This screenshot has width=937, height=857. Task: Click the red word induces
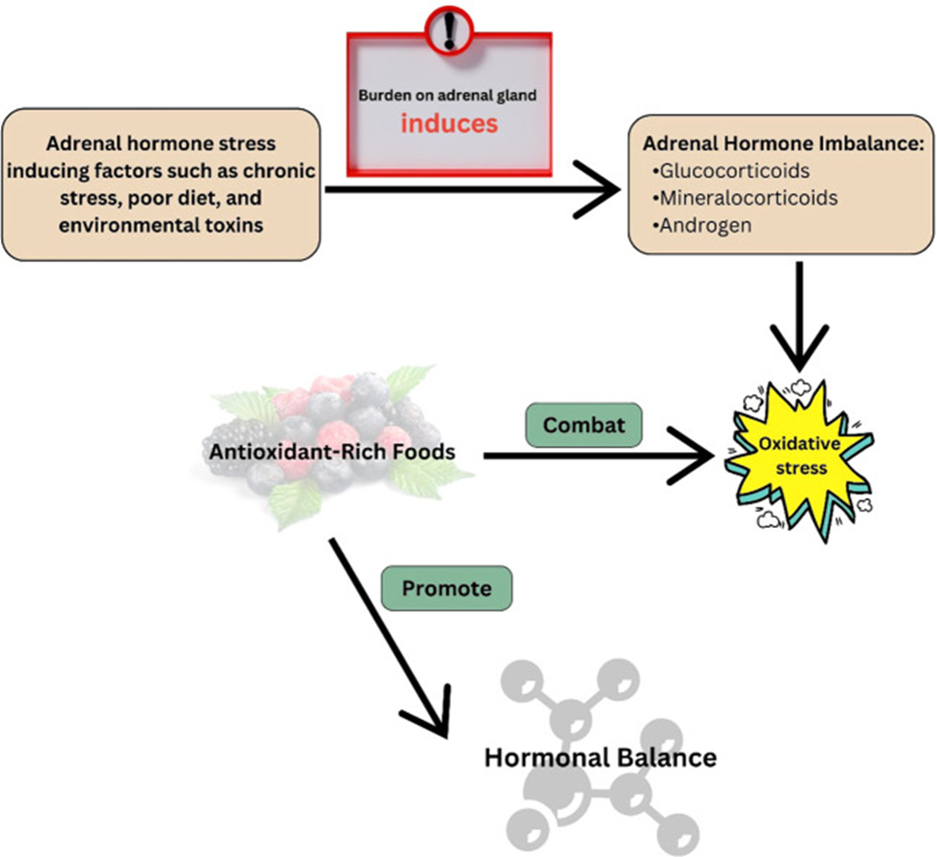click(449, 124)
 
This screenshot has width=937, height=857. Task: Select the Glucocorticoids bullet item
click(731, 171)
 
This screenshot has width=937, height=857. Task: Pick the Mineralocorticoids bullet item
click(745, 198)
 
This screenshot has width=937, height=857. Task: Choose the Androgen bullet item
click(701, 226)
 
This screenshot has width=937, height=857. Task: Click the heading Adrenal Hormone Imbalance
click(784, 143)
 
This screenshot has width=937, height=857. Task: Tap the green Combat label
click(584, 424)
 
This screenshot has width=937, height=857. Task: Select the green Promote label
click(446, 588)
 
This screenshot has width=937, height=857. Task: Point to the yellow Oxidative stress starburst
click(799, 459)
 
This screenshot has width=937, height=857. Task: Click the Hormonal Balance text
click(600, 757)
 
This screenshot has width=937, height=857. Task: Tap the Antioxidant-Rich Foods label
click(332, 451)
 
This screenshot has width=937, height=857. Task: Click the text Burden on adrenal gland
click(447, 96)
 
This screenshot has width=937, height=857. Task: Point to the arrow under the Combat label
click(599, 456)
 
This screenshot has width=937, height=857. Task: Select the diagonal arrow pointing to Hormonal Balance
click(389, 638)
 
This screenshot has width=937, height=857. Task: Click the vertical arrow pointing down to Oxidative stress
click(799, 316)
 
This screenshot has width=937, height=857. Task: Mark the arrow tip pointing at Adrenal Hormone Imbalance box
click(620, 190)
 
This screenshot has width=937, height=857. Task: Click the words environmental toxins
click(161, 226)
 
